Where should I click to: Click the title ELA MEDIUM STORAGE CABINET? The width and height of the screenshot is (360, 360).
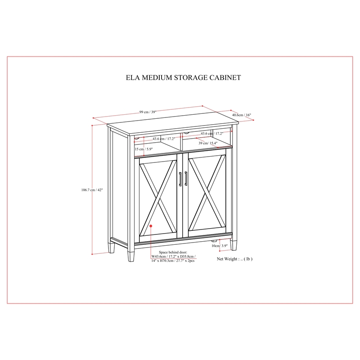(x=183, y=77)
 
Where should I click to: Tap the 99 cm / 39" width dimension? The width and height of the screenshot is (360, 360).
(x=148, y=112)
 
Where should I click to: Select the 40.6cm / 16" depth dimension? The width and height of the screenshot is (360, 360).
(x=242, y=115)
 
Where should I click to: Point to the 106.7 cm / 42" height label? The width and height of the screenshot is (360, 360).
(x=92, y=190)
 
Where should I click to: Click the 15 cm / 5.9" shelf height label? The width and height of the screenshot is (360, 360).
(x=144, y=149)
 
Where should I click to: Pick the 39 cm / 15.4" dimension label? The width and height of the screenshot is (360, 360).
(x=208, y=143)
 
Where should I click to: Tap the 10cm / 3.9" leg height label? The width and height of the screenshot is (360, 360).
(x=220, y=246)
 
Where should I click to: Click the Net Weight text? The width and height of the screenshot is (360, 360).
(x=234, y=259)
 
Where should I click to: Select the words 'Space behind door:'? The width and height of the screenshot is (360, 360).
(x=173, y=252)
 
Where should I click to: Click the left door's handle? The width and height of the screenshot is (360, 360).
(x=180, y=179)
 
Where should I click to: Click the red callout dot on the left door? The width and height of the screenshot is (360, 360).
(x=151, y=226)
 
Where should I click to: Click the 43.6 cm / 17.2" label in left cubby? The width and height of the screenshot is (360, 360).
(x=164, y=139)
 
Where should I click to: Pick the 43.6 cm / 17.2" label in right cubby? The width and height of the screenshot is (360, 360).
(x=212, y=133)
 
